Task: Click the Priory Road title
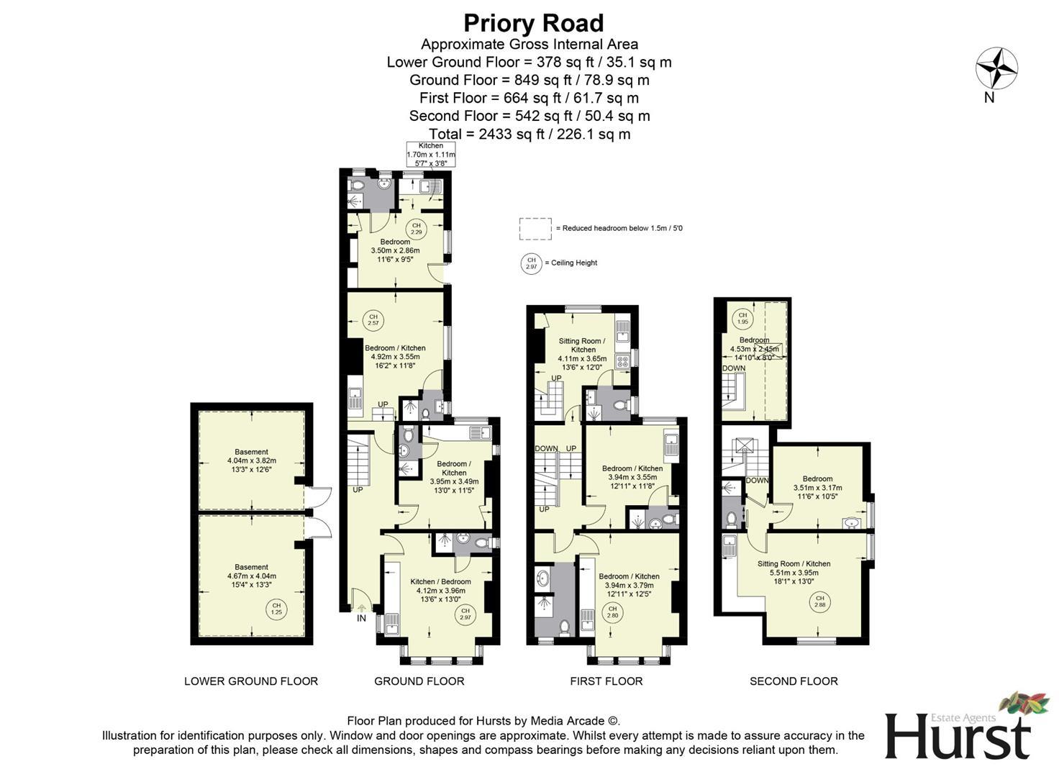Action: point(533,23)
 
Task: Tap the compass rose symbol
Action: point(996,68)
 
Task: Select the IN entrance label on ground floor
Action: point(361,618)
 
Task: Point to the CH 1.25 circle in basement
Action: point(276,609)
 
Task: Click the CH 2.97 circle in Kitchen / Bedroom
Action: point(465,614)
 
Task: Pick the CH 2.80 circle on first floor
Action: point(612,612)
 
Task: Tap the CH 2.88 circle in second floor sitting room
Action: point(819,601)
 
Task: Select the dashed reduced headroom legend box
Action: point(535,229)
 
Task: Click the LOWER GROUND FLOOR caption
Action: point(251,681)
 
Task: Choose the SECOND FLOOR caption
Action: point(794,681)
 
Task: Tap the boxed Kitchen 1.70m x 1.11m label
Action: point(431,155)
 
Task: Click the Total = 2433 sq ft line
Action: point(529,134)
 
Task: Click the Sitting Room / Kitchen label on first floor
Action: point(583,350)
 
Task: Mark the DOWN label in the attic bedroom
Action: point(734,368)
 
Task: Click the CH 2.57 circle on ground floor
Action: point(373,319)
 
